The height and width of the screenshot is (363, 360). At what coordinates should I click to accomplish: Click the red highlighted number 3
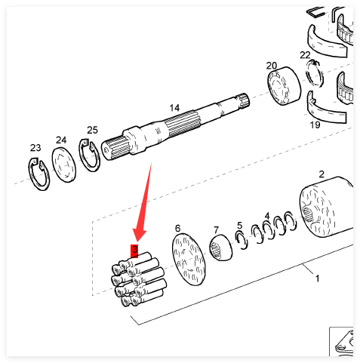click(134, 251)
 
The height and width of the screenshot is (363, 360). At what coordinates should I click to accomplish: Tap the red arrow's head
click(138, 233)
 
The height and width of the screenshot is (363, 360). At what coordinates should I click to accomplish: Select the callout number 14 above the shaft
click(174, 108)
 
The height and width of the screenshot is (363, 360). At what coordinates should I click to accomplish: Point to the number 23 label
click(35, 148)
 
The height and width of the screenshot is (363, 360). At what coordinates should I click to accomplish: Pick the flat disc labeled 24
click(64, 165)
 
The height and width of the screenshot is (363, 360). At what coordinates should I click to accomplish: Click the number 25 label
click(92, 130)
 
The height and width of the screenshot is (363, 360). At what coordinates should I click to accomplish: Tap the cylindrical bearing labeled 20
click(284, 86)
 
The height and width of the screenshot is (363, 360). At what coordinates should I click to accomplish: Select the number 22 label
click(305, 55)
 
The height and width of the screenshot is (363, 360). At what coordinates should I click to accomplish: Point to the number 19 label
click(315, 125)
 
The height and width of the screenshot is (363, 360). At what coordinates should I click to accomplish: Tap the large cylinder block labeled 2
click(326, 207)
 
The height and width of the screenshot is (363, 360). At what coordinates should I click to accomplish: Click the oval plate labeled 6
click(189, 259)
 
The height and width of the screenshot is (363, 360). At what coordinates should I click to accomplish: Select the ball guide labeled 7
click(221, 248)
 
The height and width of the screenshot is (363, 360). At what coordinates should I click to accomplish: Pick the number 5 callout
click(239, 226)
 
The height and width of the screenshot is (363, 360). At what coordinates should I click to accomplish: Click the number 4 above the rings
click(267, 216)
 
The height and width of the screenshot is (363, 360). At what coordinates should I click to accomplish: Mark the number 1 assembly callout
click(317, 278)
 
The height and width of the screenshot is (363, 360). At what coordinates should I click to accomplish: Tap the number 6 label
click(177, 229)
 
